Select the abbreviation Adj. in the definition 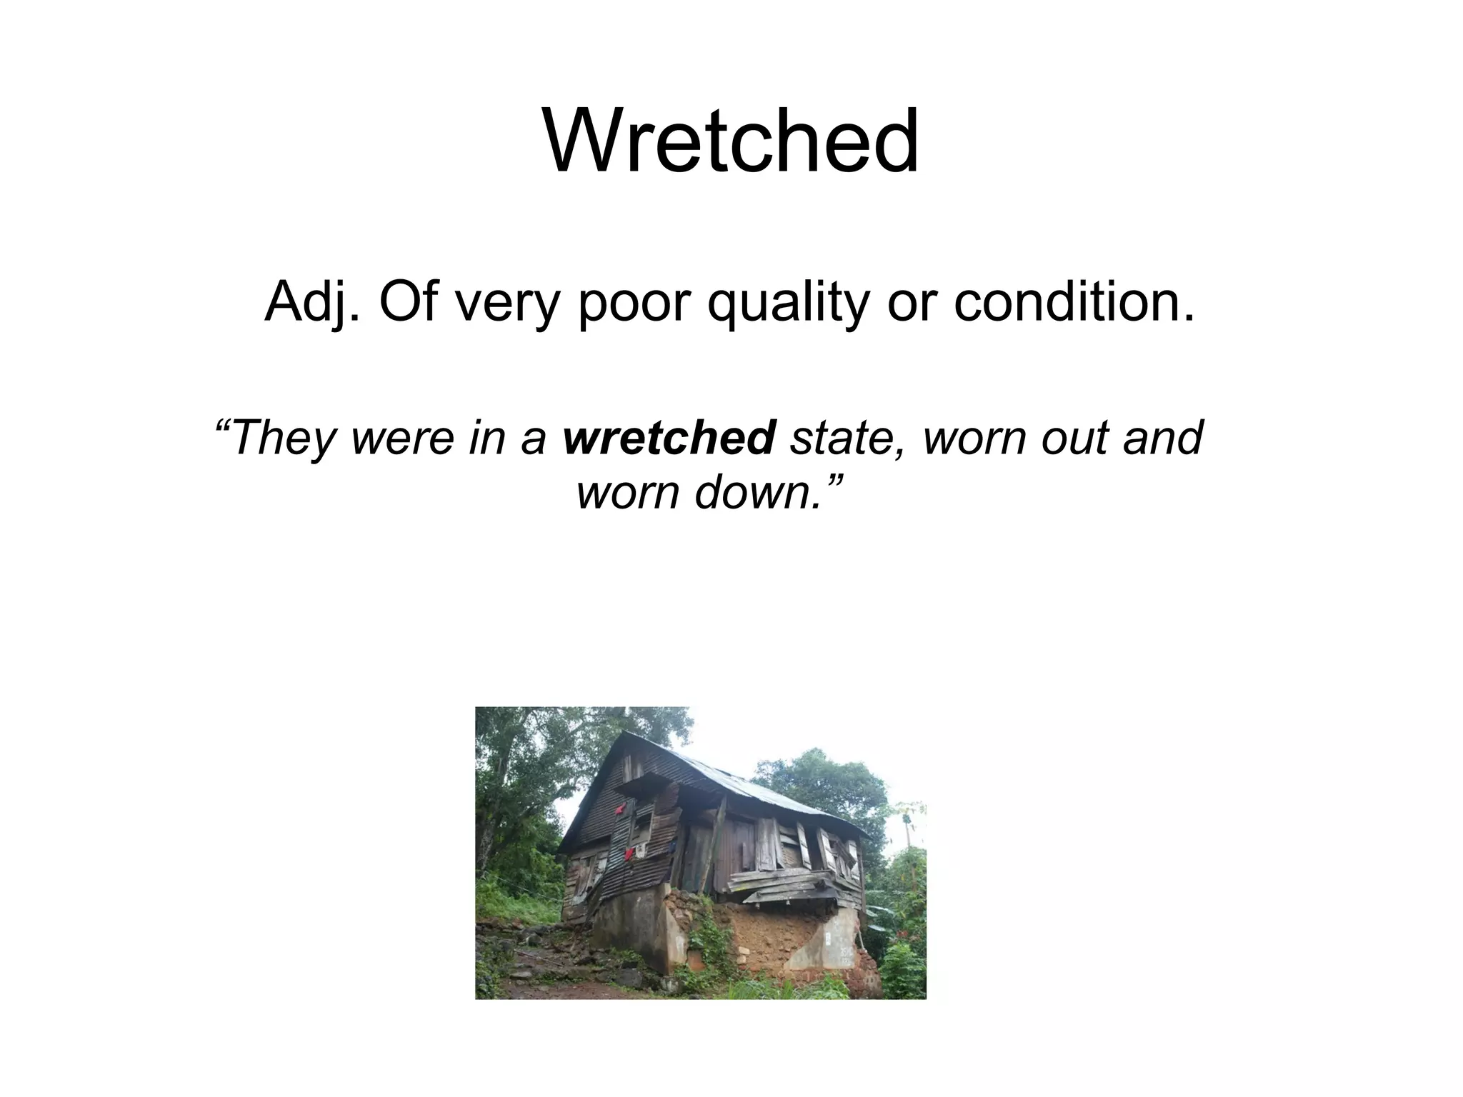click(312, 302)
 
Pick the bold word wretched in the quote click(669, 437)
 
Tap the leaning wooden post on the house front click(716, 843)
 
